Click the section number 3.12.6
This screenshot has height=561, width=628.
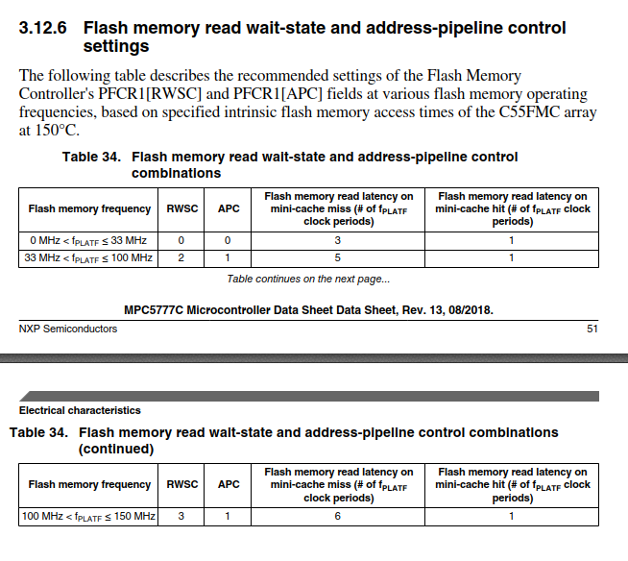click(45, 29)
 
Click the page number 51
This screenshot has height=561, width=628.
click(592, 329)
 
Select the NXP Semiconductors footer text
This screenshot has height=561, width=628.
click(68, 329)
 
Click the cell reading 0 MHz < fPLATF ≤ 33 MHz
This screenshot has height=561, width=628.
click(88, 240)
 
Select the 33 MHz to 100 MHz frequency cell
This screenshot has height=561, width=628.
click(88, 257)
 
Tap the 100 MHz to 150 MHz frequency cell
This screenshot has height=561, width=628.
click(88, 517)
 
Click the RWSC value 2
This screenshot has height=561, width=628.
click(181, 257)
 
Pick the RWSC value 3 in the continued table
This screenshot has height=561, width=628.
click(181, 517)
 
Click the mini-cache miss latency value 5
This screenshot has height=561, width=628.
click(338, 257)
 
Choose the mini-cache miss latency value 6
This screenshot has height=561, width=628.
click(338, 517)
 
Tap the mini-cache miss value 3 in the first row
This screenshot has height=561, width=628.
click(338, 240)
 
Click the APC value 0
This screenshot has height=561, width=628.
click(228, 240)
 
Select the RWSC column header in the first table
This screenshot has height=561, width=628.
click(181, 208)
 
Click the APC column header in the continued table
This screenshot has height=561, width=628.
click(229, 485)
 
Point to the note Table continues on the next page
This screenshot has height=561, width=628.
click(308, 280)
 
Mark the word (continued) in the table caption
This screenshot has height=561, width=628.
click(115, 449)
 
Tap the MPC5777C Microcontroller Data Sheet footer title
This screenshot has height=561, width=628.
click(308, 309)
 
